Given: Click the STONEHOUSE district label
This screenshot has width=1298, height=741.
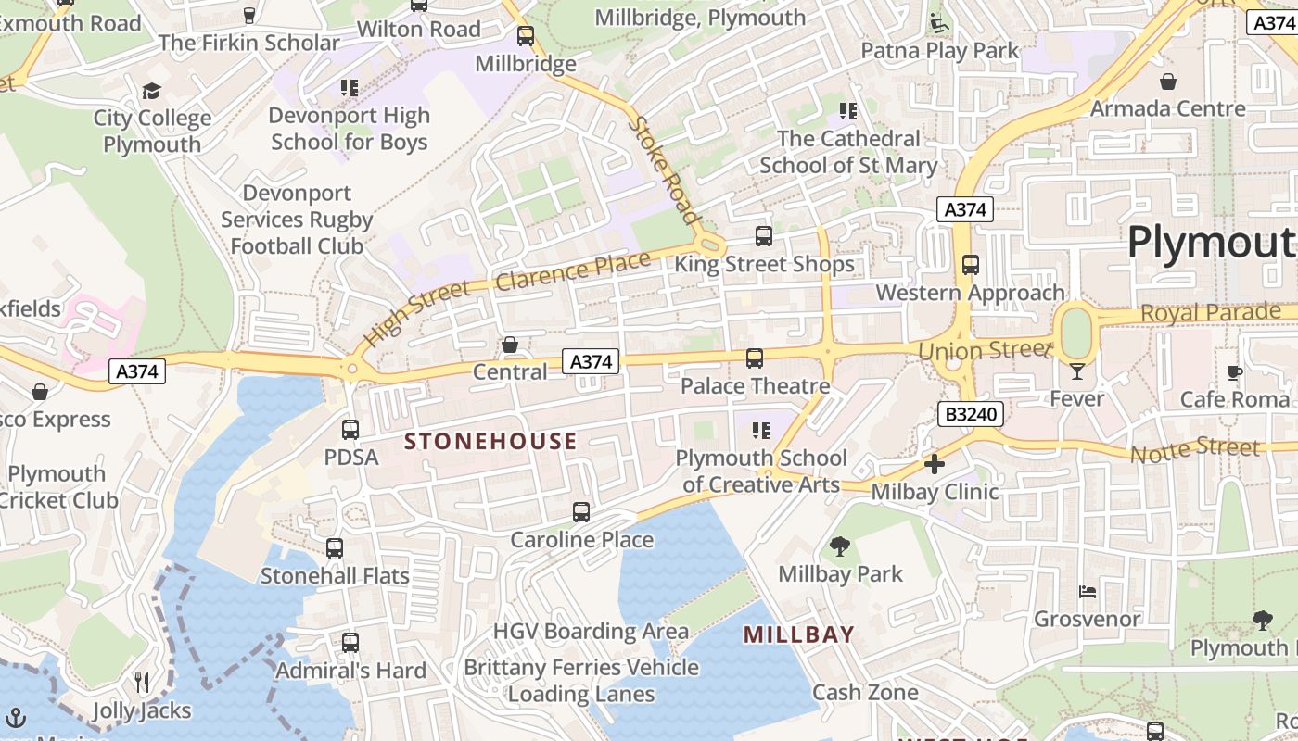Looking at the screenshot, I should (491, 441).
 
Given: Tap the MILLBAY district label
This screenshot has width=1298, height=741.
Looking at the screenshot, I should (799, 634).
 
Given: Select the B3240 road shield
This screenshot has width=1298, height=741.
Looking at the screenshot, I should (970, 414).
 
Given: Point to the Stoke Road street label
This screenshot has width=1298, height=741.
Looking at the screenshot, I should (664, 169).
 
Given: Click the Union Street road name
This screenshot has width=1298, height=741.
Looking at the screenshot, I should (985, 351).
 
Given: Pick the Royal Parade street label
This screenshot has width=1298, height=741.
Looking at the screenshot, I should (1210, 313).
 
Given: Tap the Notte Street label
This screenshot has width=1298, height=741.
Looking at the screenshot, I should (1195, 450).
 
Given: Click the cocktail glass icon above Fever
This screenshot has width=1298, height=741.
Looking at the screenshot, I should (1076, 371).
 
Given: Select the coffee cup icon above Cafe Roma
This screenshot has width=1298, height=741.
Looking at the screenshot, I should (1235, 372).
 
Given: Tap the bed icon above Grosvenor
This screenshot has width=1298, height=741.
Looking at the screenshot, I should (1088, 591).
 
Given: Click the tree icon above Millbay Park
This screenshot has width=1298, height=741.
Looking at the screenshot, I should (840, 546).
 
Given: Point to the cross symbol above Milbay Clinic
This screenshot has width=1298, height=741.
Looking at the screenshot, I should (935, 464).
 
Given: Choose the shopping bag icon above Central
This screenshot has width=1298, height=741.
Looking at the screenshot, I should (510, 345).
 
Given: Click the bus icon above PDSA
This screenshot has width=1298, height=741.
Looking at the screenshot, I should (350, 430).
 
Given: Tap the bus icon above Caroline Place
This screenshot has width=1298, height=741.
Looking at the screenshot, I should (581, 512).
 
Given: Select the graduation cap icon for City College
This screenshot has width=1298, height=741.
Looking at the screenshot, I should (151, 91).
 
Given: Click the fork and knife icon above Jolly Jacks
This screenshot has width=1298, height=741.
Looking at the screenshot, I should (142, 683).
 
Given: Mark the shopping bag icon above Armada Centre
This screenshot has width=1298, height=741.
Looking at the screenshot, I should (1168, 82).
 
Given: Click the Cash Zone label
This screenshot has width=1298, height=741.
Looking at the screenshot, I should (865, 692).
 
